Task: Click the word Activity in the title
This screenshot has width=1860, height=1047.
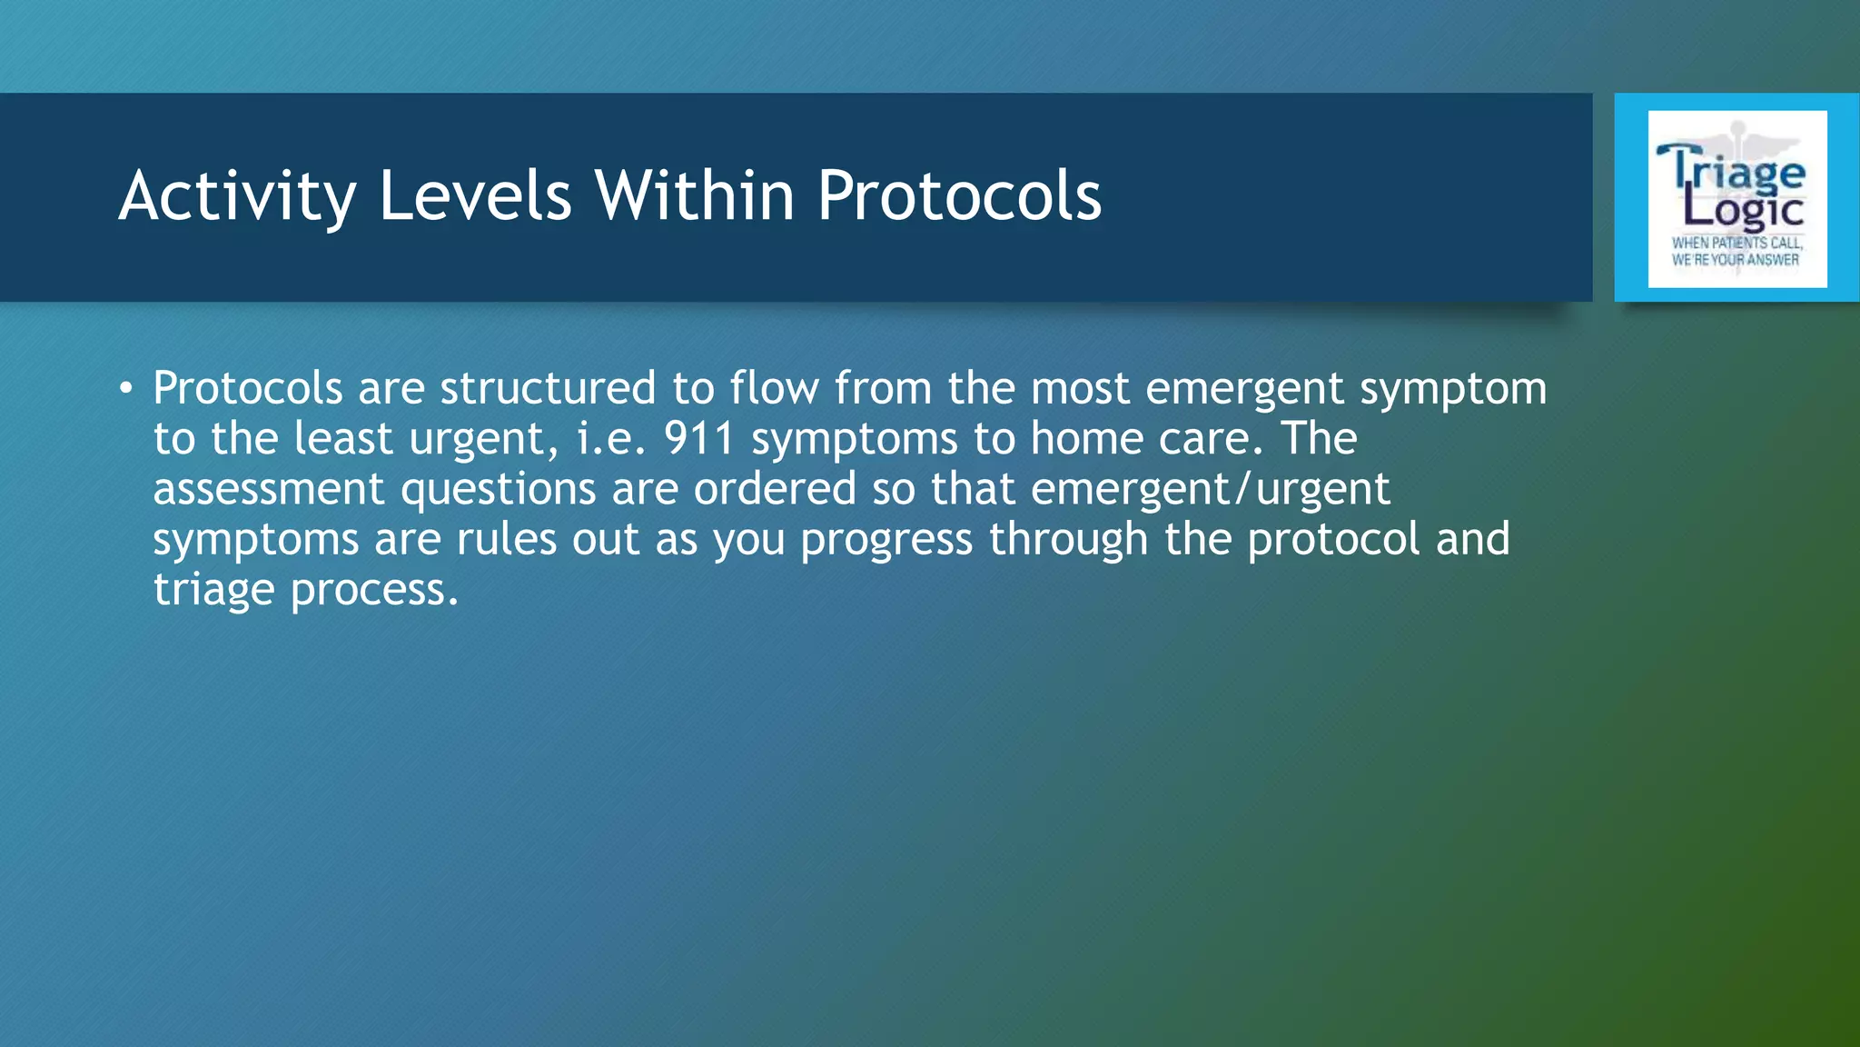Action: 237,195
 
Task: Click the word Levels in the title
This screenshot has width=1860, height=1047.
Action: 475,195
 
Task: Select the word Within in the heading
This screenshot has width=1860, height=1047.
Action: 695,195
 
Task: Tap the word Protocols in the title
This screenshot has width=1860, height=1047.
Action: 959,195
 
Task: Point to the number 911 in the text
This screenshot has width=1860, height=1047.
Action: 698,439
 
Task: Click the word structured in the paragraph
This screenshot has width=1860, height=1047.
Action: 548,388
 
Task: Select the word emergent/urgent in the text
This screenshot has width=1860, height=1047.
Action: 1210,489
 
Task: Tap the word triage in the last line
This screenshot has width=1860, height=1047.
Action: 213,590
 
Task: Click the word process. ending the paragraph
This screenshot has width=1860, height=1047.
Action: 374,590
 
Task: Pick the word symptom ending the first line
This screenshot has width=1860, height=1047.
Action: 1453,388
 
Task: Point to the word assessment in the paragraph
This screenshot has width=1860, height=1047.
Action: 269,489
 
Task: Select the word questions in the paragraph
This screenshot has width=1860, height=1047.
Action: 498,489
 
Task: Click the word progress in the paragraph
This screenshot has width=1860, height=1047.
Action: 886,540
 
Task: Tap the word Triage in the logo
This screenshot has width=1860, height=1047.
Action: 1734,170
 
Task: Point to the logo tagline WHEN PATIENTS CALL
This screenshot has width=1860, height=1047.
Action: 1736,243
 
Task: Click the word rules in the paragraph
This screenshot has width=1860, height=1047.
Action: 506,540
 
